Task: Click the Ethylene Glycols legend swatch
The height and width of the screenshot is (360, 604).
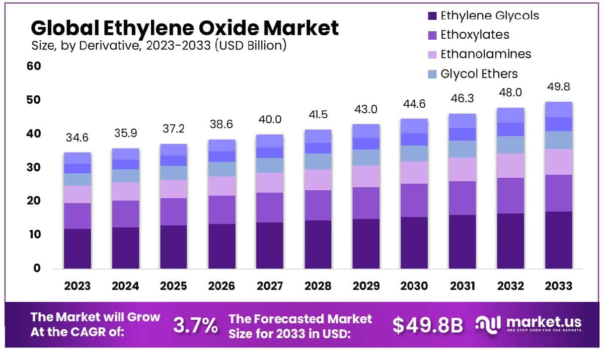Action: tap(432, 16)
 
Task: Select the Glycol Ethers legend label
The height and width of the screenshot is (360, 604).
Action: tap(479, 74)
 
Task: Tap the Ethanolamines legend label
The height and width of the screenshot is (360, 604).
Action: tap(486, 54)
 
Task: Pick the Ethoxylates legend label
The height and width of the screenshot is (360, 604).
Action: tap(475, 34)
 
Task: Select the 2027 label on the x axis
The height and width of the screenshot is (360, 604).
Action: tap(270, 286)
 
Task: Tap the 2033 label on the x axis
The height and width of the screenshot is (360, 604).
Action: tap(559, 286)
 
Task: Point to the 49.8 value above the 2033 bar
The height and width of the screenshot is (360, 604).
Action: tap(559, 87)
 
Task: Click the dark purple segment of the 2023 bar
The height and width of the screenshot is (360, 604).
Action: tap(77, 248)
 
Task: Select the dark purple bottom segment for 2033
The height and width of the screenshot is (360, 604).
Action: tap(559, 240)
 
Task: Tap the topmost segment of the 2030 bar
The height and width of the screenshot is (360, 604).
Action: tap(414, 126)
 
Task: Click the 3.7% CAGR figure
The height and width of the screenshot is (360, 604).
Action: tap(195, 325)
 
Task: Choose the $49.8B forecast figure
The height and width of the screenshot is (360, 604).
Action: tap(427, 325)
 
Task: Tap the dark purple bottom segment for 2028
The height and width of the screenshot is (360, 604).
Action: tap(318, 244)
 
